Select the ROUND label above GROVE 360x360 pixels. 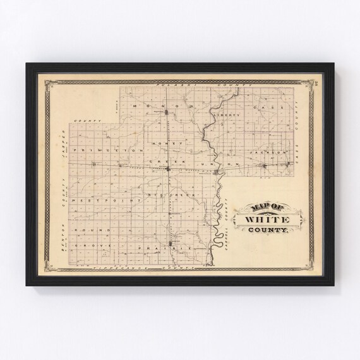[x=89, y=230]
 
